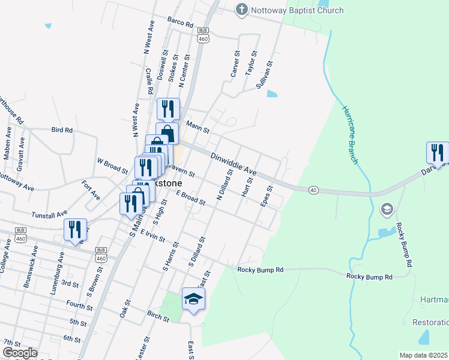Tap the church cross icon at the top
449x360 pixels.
(242, 10)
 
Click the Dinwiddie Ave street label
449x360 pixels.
(234, 163)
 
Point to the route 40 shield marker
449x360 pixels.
(313, 190)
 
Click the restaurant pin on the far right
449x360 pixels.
(438, 153)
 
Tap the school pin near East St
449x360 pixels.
(194, 299)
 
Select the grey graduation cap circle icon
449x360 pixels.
(387, 209)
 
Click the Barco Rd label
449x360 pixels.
(180, 23)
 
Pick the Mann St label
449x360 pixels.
(197, 128)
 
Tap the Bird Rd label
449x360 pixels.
(62, 130)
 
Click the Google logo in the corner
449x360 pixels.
(19, 353)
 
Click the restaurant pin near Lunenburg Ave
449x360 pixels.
(75, 230)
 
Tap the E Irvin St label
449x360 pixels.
(154, 233)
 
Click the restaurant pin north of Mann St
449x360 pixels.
(168, 109)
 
